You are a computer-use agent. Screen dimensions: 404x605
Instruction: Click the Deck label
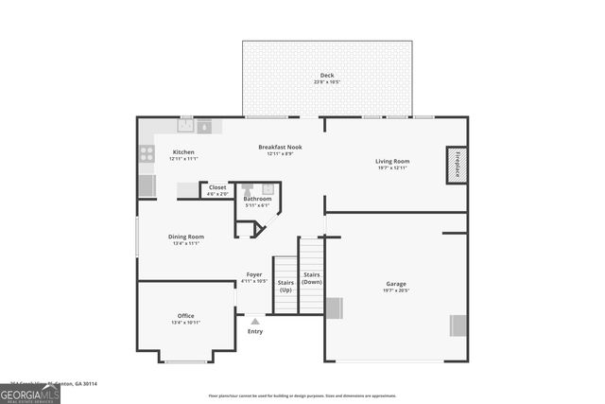[326, 76]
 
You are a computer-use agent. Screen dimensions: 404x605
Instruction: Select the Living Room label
[393, 161]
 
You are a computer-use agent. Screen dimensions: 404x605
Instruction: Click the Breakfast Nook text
[281, 147]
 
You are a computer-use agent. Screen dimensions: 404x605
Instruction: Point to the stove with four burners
[147, 153]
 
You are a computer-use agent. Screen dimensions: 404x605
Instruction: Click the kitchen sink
[186, 124]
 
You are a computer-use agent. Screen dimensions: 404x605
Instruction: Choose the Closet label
[217, 187]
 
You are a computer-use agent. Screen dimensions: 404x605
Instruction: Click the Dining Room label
[186, 237]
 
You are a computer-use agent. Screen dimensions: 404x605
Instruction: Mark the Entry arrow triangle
[255, 322]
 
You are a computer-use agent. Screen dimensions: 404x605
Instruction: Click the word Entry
[255, 331]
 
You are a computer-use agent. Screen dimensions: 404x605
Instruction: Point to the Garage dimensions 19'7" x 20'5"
[395, 290]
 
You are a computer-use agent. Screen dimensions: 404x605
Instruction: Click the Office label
[185, 315]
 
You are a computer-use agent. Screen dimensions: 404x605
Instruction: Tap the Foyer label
[254, 273]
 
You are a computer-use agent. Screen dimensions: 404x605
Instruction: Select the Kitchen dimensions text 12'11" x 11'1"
[183, 159]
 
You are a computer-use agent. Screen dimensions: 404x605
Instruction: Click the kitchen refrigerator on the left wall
[147, 185]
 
